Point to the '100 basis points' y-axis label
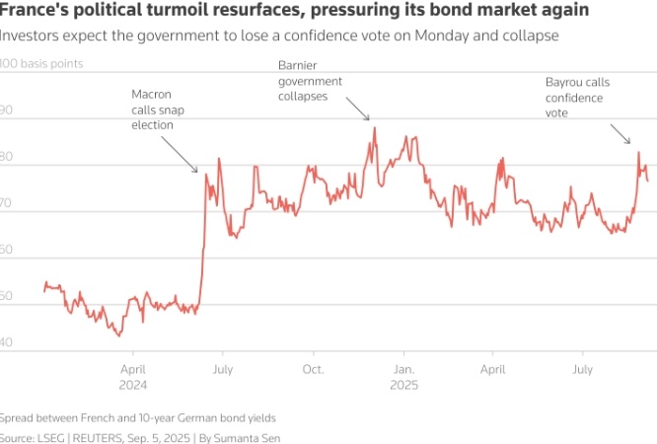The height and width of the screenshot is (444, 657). (41, 63)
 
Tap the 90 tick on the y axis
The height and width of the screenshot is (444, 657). (8, 110)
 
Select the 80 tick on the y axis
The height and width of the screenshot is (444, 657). (8, 156)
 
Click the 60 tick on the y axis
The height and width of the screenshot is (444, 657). (8, 250)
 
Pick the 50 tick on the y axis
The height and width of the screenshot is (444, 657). (8, 296)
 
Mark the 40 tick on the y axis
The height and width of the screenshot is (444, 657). (8, 342)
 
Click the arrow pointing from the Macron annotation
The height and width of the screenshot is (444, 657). (178, 153)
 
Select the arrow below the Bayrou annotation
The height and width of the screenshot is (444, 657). (620, 134)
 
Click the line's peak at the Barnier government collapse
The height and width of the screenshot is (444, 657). (375, 127)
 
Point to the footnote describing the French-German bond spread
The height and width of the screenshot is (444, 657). (138, 416)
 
